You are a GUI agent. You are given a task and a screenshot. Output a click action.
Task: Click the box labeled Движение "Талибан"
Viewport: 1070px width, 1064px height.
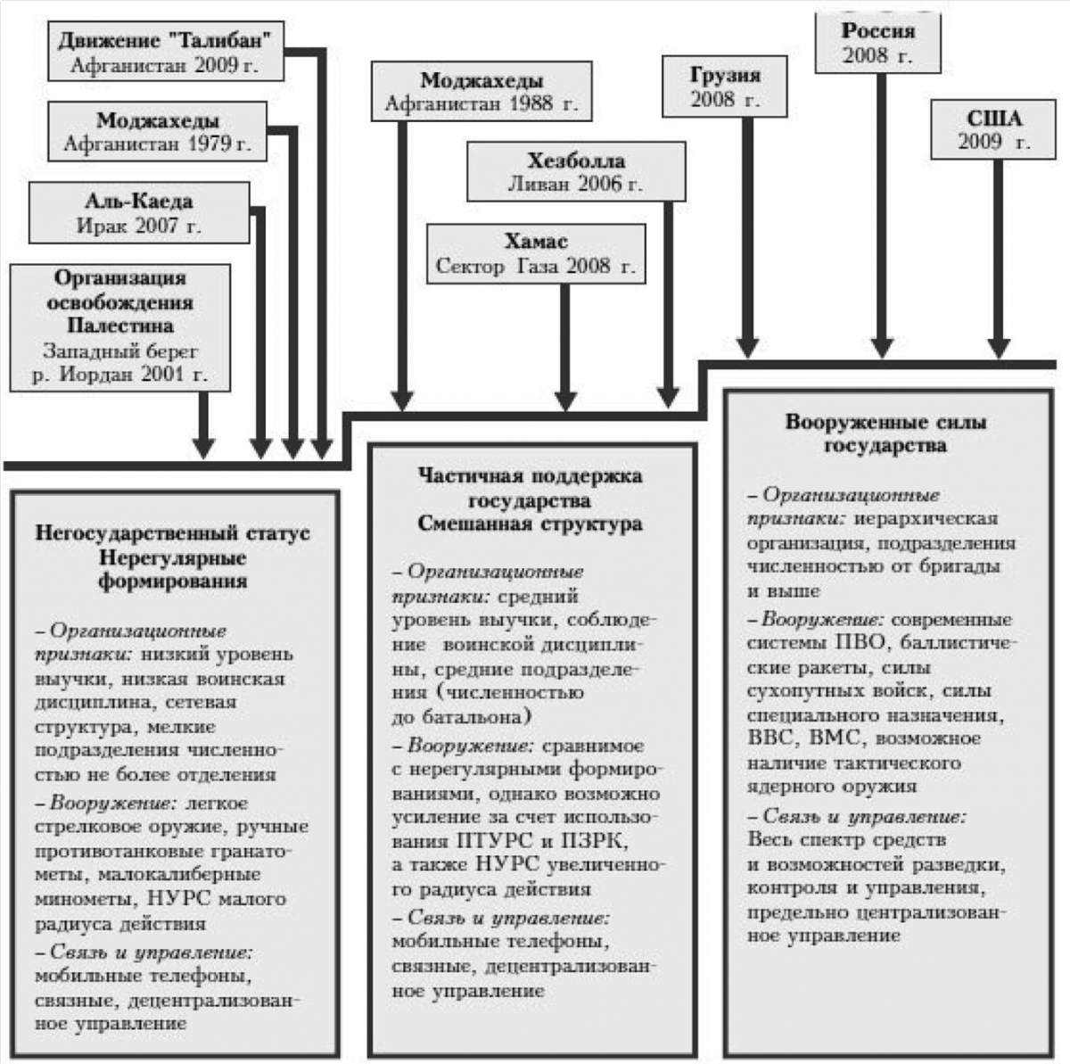click(166, 51)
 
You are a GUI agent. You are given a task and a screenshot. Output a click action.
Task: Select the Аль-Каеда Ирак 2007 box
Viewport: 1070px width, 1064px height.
click(139, 213)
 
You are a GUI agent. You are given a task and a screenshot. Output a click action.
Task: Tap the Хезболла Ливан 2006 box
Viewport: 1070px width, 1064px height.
click(576, 171)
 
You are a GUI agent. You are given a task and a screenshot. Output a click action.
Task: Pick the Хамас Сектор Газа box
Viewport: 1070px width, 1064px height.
click(537, 254)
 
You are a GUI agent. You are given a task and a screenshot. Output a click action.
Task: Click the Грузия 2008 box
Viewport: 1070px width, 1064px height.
click(725, 87)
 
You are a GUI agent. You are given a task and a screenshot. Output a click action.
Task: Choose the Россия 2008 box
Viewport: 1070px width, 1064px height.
click(878, 43)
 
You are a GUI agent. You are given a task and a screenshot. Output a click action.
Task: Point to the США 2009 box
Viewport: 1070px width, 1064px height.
click(993, 129)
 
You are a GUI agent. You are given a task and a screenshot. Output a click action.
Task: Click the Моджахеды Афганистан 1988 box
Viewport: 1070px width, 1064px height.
click(482, 91)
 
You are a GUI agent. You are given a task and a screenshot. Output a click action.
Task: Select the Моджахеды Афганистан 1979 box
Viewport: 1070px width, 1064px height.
click(158, 132)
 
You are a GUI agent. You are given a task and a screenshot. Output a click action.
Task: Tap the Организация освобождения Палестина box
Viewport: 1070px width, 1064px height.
click(120, 328)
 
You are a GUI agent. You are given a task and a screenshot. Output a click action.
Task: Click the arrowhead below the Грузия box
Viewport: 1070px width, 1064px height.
click(748, 347)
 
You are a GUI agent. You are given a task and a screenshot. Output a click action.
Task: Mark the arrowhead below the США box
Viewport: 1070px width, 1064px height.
click(999, 347)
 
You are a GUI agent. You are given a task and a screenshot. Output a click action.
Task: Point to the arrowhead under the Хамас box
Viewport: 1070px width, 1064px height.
click(565, 400)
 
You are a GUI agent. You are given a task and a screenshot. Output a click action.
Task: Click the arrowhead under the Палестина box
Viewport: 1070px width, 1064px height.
click(204, 448)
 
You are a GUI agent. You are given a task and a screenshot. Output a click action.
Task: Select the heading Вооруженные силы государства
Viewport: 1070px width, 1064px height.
click(885, 434)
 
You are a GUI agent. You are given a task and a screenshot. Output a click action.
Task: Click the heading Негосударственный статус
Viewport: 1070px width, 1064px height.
click(173, 532)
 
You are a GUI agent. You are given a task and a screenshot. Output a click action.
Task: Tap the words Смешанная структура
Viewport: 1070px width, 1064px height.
click(531, 524)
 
